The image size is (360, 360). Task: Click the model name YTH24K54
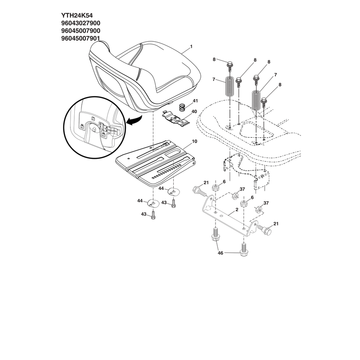click(x=77, y=16)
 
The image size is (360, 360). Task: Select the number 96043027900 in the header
click(x=81, y=23)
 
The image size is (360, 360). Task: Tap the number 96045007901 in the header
click(x=81, y=38)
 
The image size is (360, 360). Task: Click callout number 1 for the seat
click(x=191, y=47)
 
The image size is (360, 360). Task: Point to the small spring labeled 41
click(x=182, y=108)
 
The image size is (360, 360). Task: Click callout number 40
click(x=194, y=112)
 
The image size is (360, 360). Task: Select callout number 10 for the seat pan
click(x=194, y=141)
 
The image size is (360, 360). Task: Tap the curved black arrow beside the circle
click(x=134, y=121)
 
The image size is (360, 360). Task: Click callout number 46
click(x=220, y=253)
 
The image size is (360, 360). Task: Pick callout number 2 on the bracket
click(x=237, y=210)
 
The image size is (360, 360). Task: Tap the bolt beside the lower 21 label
click(x=264, y=229)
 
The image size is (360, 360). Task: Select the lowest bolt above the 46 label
click(x=244, y=250)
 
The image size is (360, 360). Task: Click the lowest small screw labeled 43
click(x=153, y=216)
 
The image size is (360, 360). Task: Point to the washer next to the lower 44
click(x=153, y=203)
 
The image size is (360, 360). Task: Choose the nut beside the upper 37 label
click(x=235, y=197)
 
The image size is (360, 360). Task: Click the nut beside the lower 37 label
click(x=259, y=210)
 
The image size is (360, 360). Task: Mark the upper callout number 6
click(x=224, y=182)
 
